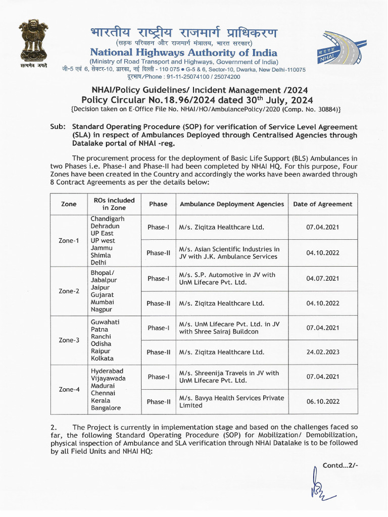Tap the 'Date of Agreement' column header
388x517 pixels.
pos(322,204)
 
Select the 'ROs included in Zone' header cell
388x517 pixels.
pos(114,204)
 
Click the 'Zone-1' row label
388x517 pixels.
pos(69,241)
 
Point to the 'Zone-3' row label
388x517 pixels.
pos(69,340)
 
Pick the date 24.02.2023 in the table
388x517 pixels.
pos(322,352)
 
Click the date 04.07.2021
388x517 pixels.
pos(322,279)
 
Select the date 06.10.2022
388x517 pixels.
pos(322,402)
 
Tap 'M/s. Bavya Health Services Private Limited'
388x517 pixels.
pos(231,402)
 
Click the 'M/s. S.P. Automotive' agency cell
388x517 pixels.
pos(227,279)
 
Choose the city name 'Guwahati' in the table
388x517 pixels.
pos(105,322)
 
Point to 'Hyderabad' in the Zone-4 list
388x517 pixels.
pos(107,371)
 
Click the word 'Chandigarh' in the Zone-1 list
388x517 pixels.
pos(108,219)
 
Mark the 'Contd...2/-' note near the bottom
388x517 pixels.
pos(340,464)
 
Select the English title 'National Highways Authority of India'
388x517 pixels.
pos(183,53)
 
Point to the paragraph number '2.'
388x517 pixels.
pos(54,427)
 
